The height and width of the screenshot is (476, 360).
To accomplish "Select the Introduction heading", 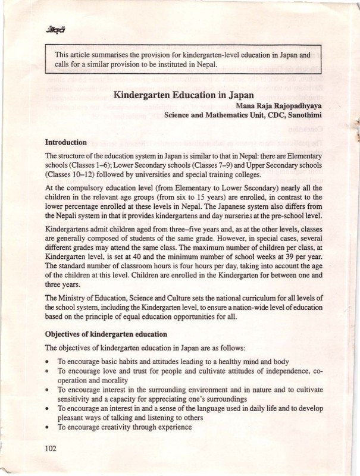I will [66, 143].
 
